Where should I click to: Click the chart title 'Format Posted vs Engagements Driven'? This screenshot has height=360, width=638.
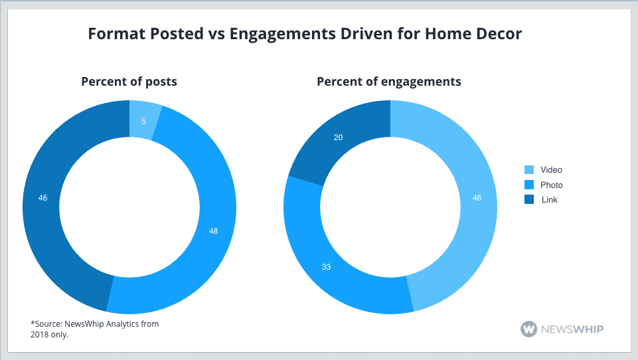[266, 34]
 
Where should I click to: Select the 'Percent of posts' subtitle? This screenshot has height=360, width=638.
[129, 82]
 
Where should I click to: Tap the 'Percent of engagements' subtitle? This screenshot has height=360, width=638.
[389, 82]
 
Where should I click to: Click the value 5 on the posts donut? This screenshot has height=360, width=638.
[143, 122]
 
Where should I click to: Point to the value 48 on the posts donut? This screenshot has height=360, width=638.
[212, 231]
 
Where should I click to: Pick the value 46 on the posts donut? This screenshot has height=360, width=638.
[43, 198]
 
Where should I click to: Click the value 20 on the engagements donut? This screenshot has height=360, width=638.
[338, 137]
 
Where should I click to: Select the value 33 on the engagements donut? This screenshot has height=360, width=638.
[326, 267]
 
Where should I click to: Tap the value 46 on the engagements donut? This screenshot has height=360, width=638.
[476, 198]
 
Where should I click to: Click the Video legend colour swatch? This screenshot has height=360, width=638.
[528, 170]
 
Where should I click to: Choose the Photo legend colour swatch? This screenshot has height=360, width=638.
[528, 185]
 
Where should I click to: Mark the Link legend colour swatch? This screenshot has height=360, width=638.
[528, 199]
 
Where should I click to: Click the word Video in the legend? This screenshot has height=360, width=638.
[551, 170]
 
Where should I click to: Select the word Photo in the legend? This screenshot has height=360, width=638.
[551, 185]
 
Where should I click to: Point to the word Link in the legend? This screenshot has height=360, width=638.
[549, 199]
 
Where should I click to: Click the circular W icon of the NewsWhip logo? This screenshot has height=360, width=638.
[529, 329]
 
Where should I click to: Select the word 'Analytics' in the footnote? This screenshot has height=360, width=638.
[116, 323]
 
